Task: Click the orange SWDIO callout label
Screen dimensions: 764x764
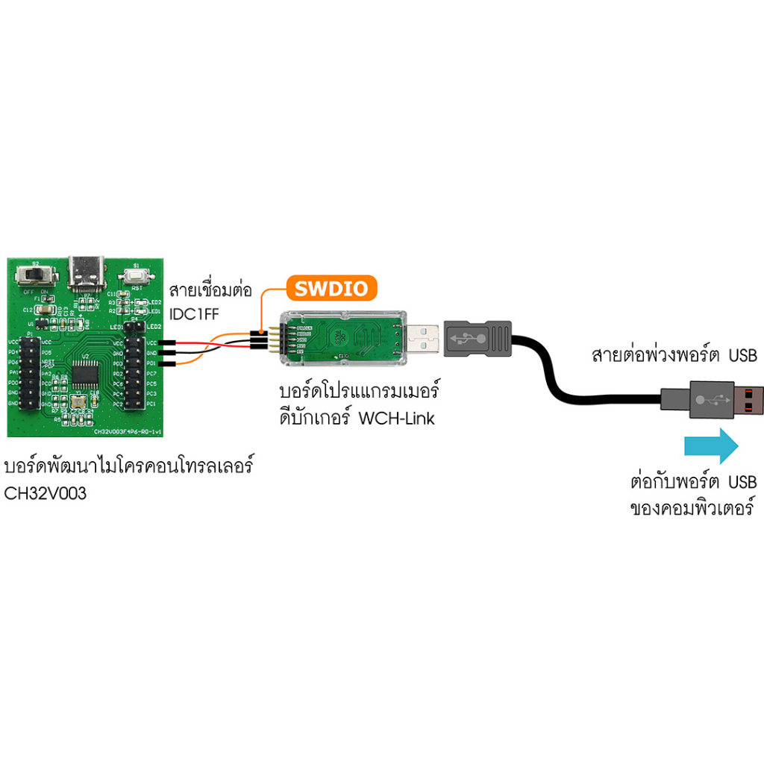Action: pos(332,289)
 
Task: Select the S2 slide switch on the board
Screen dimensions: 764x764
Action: pos(35,275)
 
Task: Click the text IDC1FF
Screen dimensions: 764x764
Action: pos(194,313)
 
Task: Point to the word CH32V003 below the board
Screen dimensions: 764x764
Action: pos(45,492)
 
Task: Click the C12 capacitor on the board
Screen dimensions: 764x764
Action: pos(44,309)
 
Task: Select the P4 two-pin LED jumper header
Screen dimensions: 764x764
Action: pos(134,327)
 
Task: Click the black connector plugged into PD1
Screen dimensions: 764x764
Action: pos(166,363)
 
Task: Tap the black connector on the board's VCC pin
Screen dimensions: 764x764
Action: pos(166,342)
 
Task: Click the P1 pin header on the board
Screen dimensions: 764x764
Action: pos(30,372)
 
